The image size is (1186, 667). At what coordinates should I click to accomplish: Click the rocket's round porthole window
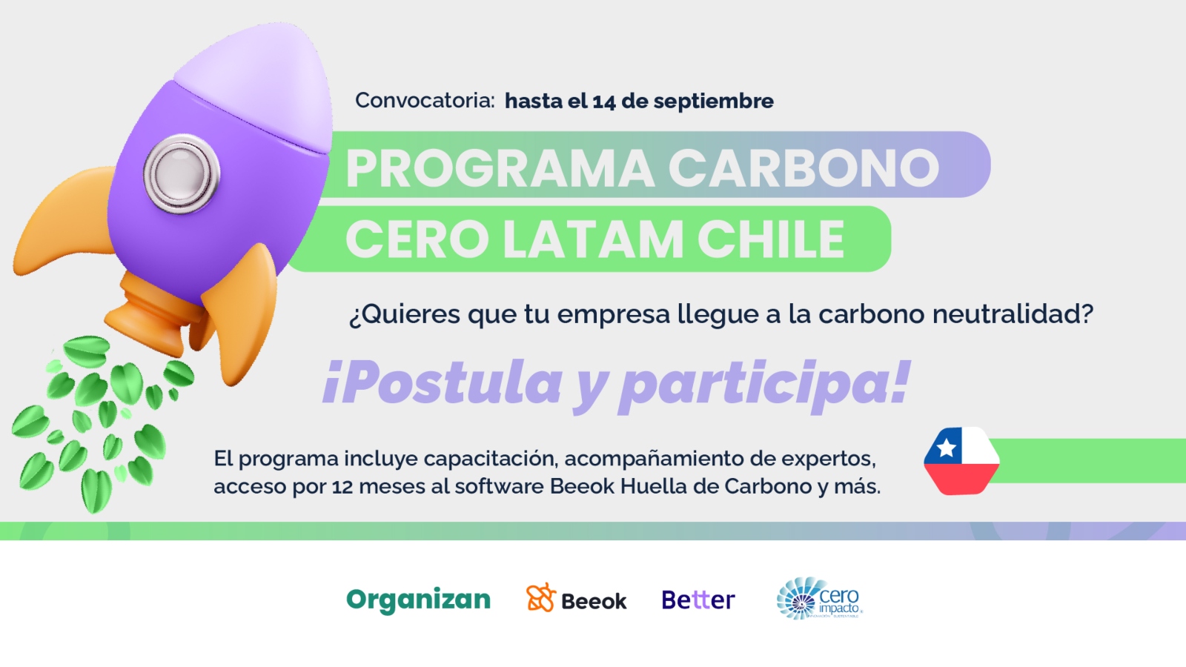coord(182,173)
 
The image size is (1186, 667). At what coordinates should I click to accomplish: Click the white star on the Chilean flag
coord(946,448)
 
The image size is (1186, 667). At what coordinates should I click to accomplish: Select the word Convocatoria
coord(425,100)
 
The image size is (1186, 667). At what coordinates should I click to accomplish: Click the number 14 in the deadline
coord(603,101)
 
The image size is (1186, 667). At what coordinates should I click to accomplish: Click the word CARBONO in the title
coord(804,167)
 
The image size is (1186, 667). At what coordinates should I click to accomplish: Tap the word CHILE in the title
coord(770,239)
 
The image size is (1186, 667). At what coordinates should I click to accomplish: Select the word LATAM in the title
coord(592,239)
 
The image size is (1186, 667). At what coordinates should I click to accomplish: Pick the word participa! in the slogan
coord(764,385)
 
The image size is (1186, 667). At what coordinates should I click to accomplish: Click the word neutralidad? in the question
coord(1013,313)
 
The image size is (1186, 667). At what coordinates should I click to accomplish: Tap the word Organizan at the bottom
coord(418,600)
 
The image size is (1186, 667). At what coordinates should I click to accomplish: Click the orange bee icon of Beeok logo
coord(540,598)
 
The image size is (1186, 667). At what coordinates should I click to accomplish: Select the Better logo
coord(698,600)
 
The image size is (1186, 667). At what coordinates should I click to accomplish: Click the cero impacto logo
coord(819,599)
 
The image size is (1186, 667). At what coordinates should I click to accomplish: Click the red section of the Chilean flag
coord(961,479)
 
